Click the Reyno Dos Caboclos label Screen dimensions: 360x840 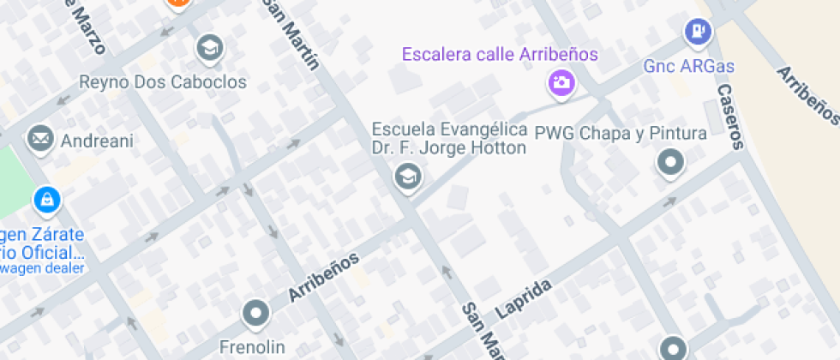pyautogui.click(x=163, y=82)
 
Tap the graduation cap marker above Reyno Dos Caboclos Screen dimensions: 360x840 pyautogui.click(x=209, y=48)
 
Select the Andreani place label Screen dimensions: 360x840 pyautogui.click(x=95, y=141)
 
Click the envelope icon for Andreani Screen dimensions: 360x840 pyautogui.click(x=40, y=138)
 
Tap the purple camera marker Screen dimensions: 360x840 pyautogui.click(x=561, y=83)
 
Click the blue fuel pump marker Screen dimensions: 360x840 pyautogui.click(x=698, y=33)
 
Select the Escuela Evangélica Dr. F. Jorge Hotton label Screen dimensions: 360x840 pyautogui.click(x=448, y=138)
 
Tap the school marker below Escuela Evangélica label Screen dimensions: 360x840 pyautogui.click(x=406, y=177)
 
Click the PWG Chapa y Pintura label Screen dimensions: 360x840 pyautogui.click(x=621, y=133)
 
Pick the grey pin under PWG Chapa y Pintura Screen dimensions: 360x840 pyautogui.click(x=670, y=162)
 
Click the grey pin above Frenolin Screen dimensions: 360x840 pyautogui.click(x=255, y=314)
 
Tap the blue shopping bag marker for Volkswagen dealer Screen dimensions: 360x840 pyautogui.click(x=45, y=201)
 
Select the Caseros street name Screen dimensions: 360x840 pyautogui.click(x=729, y=117)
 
